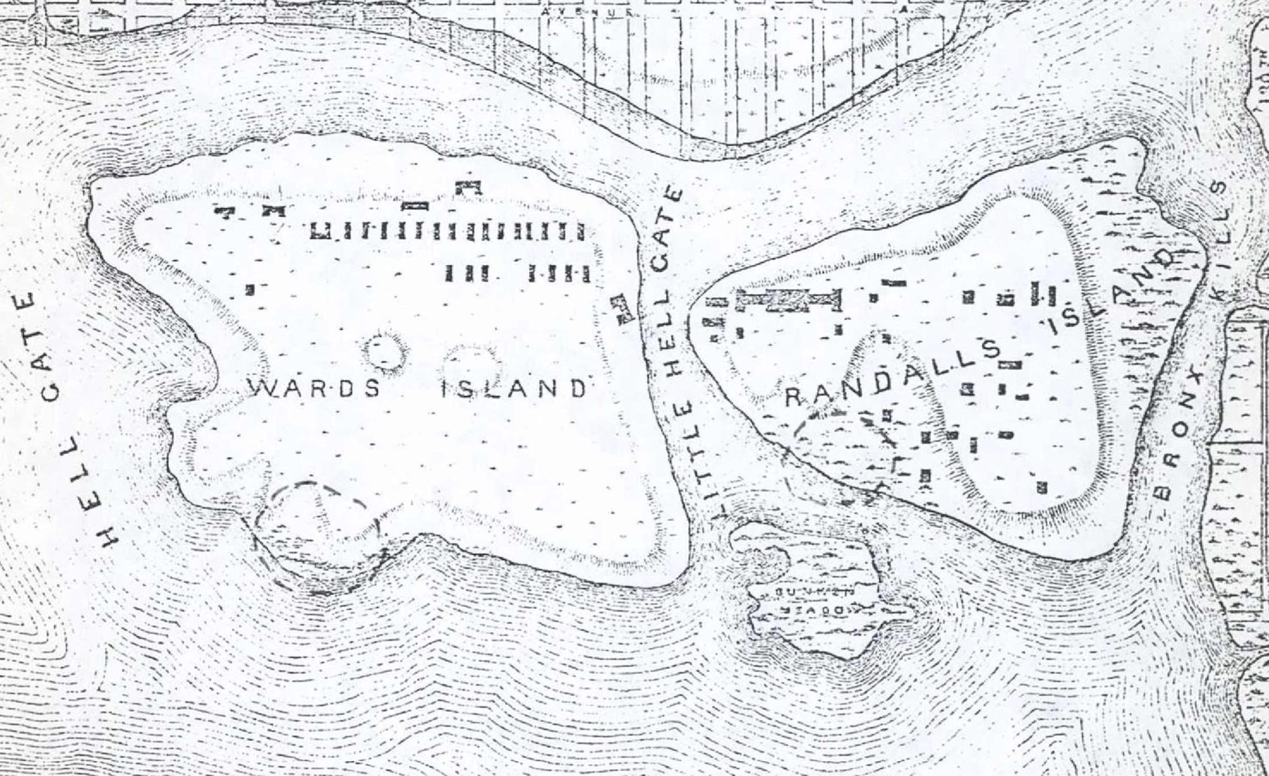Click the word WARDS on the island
point(314,387)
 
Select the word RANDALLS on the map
point(892,374)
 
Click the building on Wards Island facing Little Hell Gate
point(622,308)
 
